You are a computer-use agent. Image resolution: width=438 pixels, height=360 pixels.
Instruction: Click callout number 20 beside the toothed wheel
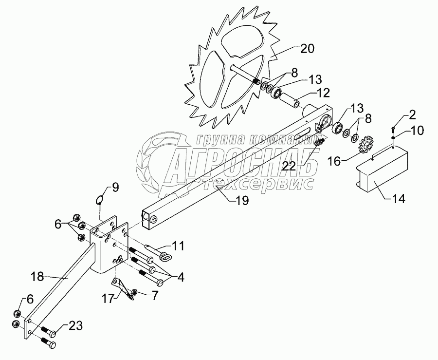308,49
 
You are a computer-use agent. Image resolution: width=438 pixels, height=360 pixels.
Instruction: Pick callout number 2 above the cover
412,115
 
